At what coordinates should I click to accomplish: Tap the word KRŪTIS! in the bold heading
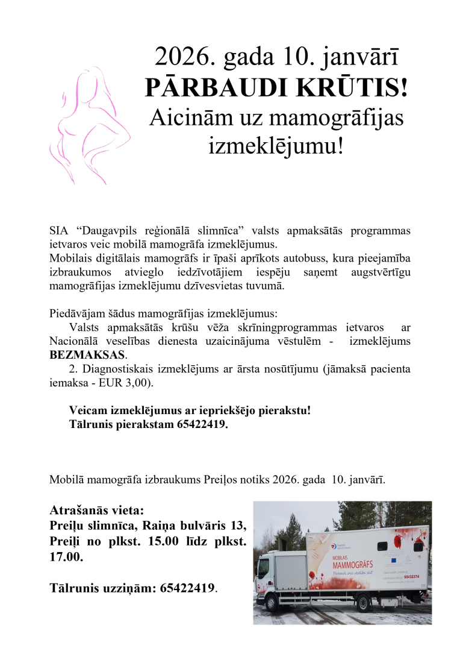point(360,89)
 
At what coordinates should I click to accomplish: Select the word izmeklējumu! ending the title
point(276,146)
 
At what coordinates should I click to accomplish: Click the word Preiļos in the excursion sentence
point(226,480)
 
